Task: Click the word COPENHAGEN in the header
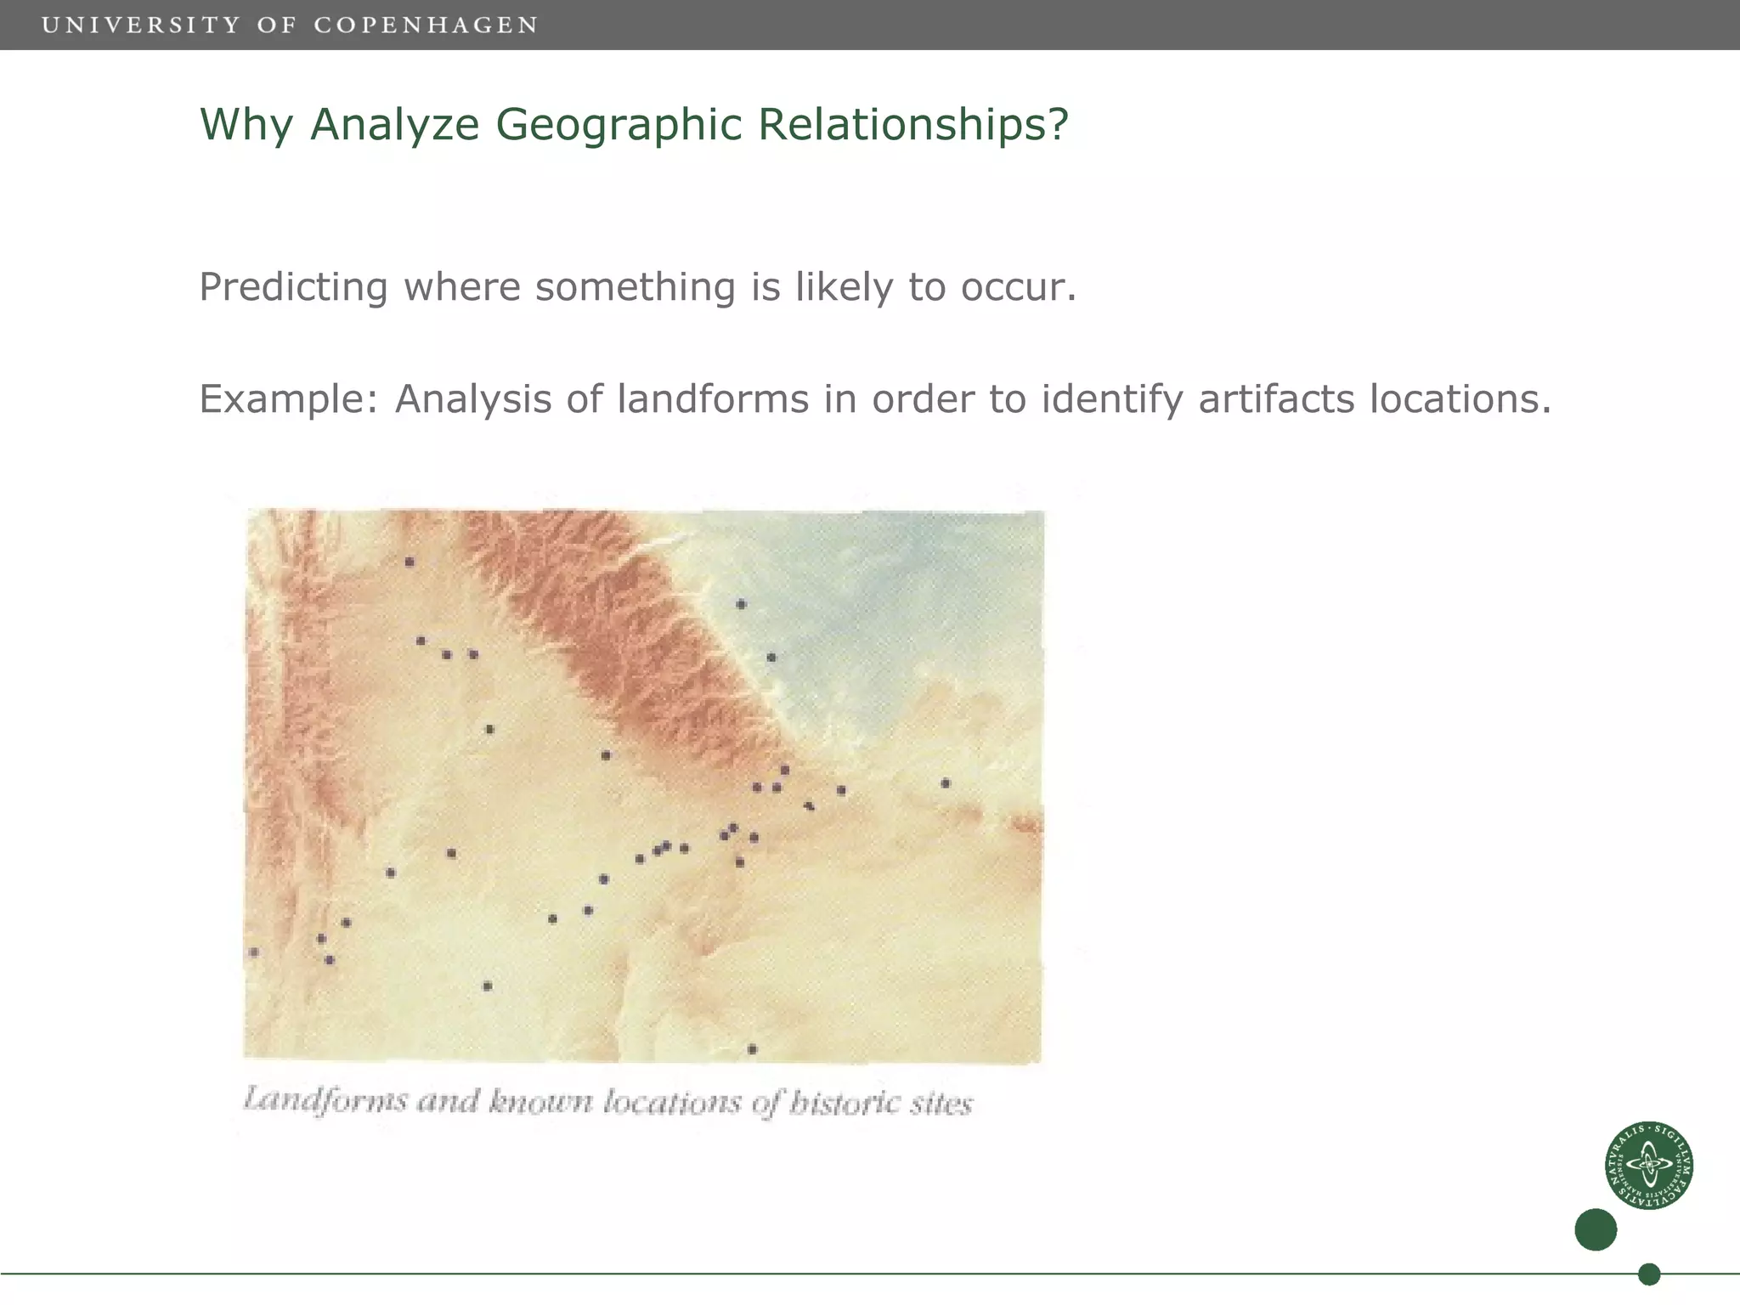(x=426, y=25)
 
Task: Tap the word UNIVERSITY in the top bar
(x=141, y=25)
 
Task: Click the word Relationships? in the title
(x=912, y=124)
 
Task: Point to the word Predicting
(x=293, y=287)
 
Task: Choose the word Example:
(x=288, y=399)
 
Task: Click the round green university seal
(x=1648, y=1165)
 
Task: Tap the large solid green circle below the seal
(x=1596, y=1229)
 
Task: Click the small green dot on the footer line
(x=1649, y=1274)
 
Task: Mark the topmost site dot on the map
(x=410, y=562)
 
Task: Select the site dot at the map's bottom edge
(x=752, y=1049)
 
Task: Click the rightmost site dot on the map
(x=946, y=783)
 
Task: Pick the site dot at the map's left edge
(x=254, y=952)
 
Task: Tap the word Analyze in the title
(x=395, y=124)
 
